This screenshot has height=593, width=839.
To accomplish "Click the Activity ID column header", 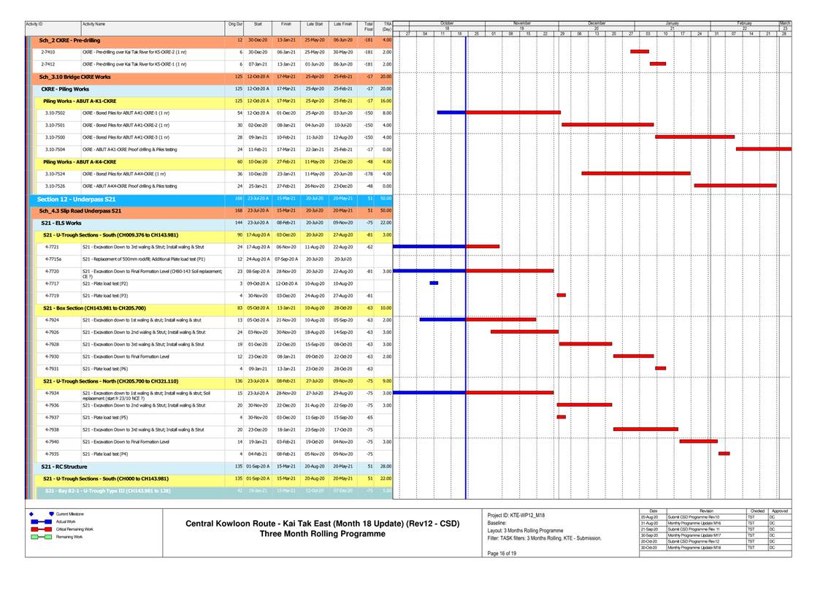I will point(34,24).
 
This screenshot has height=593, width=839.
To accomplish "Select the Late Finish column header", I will point(342,24).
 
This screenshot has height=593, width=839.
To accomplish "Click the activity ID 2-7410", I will point(48,52).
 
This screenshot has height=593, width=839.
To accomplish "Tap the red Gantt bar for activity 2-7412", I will point(658,64).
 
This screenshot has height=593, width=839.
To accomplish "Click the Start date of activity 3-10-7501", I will point(258,125).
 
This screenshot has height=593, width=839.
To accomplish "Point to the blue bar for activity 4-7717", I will point(434,283).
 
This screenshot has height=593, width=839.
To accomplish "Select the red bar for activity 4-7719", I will point(561,295).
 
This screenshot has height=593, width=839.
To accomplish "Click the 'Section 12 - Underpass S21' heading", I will point(76,199).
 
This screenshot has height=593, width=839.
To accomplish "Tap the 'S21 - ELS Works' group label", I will point(62,222).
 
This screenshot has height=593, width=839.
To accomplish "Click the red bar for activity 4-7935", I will point(724,454).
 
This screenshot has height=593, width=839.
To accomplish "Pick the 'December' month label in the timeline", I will point(597,23).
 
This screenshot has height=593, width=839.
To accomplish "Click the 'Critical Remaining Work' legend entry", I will point(75,529).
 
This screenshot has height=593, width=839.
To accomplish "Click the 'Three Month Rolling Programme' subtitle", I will point(322,534).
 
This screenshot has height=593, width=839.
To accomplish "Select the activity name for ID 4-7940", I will point(126,442).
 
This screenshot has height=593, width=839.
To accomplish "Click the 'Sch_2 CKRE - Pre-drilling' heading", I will point(69,39).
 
